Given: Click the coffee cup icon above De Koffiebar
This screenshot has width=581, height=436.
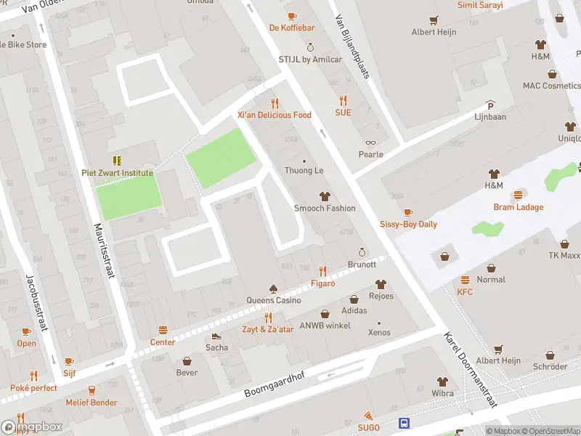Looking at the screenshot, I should coord(292,15).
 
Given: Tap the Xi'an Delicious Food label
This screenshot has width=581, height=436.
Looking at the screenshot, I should coord(274,115).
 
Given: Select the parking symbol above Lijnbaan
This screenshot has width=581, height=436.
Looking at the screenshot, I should coord(490,104).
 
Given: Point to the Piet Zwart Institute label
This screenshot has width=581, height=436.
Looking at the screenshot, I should coord(117,173).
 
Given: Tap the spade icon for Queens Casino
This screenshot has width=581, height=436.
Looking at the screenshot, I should coord(273,288).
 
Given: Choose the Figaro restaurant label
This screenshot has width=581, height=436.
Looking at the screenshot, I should coord(323,283).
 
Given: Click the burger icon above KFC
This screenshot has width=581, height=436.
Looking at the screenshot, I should coord(465,280).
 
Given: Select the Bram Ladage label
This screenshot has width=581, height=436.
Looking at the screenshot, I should coord(519,207).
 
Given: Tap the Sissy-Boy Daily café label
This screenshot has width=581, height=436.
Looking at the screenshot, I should coord(408,224).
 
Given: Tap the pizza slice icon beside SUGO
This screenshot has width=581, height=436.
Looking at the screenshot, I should coord(370,416).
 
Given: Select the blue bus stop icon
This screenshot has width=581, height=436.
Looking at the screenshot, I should coord(404,423).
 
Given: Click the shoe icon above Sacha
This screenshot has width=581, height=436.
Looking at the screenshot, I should coord(216,336).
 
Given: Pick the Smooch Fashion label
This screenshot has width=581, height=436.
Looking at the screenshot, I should coord(325,208).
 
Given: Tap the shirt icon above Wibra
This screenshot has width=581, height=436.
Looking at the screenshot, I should coord(442,381).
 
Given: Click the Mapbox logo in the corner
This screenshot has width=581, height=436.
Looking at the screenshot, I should coord(33,427).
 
